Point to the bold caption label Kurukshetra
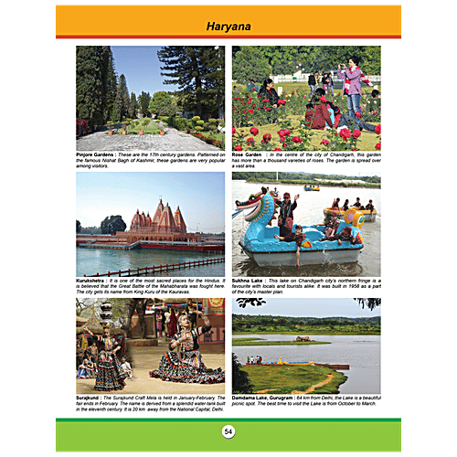pyautogui.click(x=95, y=280)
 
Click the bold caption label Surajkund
pyautogui.click(x=92, y=398)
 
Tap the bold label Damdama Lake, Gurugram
pyautogui.click(x=271, y=398)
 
